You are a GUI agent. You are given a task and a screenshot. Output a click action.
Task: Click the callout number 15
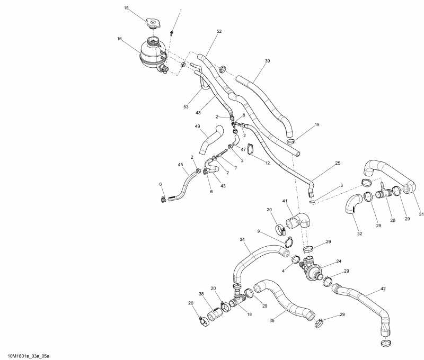pyautogui.click(x=126, y=8)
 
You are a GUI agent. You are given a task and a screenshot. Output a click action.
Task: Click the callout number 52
pyautogui.click(x=218, y=32)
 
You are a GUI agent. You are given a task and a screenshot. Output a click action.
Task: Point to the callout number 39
pyautogui.click(x=267, y=61)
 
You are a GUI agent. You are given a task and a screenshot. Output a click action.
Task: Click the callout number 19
pyautogui.click(x=317, y=124)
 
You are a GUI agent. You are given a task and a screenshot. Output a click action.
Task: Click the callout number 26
pyautogui.click(x=393, y=220)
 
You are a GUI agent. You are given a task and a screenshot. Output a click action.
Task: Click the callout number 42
pyautogui.click(x=383, y=290)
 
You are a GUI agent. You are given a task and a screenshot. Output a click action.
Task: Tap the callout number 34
pyautogui.click(x=242, y=240)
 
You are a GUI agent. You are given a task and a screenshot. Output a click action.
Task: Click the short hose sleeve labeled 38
pyautogui.click(x=215, y=314)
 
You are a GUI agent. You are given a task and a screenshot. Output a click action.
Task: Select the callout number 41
pyautogui.click(x=285, y=201)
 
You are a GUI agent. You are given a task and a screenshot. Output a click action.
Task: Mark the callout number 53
pyautogui.click(x=186, y=107)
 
